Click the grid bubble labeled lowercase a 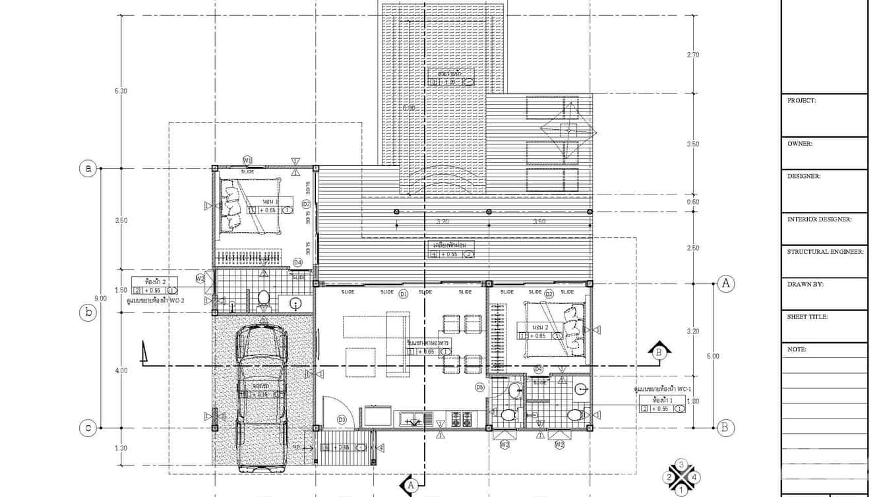[x=88, y=169]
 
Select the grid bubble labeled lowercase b [x=88, y=313]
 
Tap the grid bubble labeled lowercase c [x=88, y=428]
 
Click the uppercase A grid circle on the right [x=726, y=283]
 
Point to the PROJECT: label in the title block [x=801, y=101]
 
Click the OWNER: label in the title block [x=800, y=143]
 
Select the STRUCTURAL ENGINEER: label [x=825, y=252]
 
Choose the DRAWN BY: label [x=805, y=285]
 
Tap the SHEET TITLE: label [x=807, y=317]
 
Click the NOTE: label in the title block [x=797, y=349]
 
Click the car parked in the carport [x=262, y=395]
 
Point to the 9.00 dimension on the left [x=100, y=299]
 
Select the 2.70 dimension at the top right [x=693, y=55]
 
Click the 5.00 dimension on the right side [x=713, y=356]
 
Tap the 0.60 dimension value [x=693, y=202]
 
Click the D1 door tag [x=404, y=293]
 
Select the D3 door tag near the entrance [x=342, y=419]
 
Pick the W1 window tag [x=247, y=160]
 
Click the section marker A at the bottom [x=410, y=485]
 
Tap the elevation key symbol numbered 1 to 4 [x=681, y=477]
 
